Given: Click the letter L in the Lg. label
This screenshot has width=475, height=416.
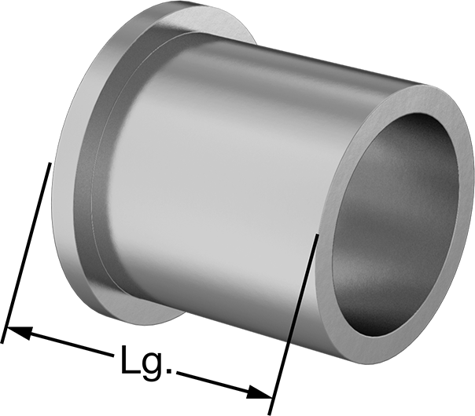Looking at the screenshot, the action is coord(130,359).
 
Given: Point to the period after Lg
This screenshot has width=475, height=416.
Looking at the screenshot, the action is coord(169,370).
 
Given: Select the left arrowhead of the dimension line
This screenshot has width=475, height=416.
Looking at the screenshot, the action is coord(19,332).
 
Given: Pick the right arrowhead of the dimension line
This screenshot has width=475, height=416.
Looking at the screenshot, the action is coord(260,392).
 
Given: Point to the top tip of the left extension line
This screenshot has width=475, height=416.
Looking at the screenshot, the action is coord(50,162).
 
